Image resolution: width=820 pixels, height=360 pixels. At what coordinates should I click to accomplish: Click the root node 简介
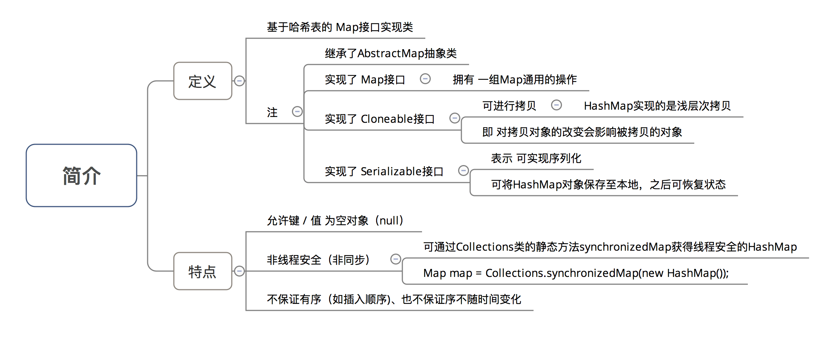point(81,175)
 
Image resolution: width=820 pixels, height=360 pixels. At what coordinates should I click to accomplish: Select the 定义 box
point(203,81)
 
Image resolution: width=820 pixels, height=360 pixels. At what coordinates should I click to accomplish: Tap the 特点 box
point(203,271)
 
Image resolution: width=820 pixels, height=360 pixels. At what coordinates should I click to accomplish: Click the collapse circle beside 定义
point(239,81)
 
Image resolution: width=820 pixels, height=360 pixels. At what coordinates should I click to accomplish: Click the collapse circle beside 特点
point(239,271)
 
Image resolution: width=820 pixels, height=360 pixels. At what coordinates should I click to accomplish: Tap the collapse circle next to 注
point(297,111)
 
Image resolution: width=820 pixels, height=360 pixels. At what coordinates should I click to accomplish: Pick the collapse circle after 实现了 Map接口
point(425,79)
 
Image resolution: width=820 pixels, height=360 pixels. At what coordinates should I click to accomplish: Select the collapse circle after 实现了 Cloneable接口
point(455,118)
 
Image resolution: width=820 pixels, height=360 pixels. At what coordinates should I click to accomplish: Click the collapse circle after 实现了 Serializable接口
point(464,171)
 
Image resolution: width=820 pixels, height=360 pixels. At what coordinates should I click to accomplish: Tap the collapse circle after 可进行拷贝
point(557,105)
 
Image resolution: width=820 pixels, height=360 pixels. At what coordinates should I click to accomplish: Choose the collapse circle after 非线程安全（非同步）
point(396,259)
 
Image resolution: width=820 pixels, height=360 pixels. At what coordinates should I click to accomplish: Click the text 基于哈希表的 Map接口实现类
point(340,27)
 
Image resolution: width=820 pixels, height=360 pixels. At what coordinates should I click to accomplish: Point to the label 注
point(272,112)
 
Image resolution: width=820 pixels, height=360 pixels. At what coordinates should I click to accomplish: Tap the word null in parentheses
point(390,220)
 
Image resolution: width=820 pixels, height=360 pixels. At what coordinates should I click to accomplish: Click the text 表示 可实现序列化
point(536,159)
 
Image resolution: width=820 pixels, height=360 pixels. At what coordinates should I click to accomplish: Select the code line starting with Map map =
point(576,273)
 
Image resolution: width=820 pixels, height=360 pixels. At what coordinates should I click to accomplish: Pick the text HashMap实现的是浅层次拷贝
point(657,106)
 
